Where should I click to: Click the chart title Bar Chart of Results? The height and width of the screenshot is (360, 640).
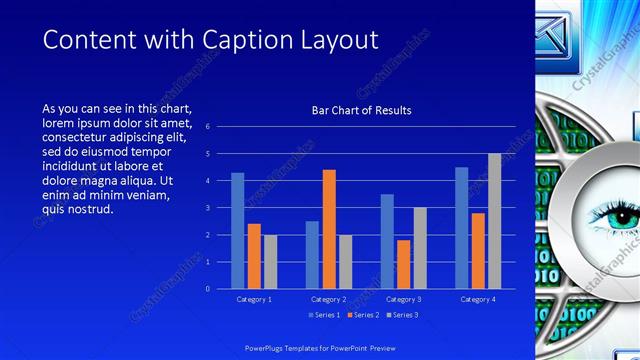click(361, 110)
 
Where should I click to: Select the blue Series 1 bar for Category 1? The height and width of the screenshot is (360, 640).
click(238, 230)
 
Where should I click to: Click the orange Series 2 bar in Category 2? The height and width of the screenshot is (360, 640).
click(329, 229)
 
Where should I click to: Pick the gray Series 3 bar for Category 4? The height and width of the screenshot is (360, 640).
click(494, 221)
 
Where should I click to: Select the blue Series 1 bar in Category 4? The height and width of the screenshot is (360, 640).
click(461, 228)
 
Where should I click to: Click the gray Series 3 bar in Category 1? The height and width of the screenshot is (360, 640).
click(270, 261)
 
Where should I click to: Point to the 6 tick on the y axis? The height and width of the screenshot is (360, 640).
click(207, 127)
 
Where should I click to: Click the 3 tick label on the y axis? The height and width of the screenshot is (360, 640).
click(207, 208)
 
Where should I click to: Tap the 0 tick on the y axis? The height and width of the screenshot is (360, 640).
click(207, 289)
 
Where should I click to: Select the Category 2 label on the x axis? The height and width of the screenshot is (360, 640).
click(328, 300)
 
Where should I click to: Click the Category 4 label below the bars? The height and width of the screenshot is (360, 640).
click(477, 300)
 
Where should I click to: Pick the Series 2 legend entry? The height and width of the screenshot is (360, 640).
click(363, 315)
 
